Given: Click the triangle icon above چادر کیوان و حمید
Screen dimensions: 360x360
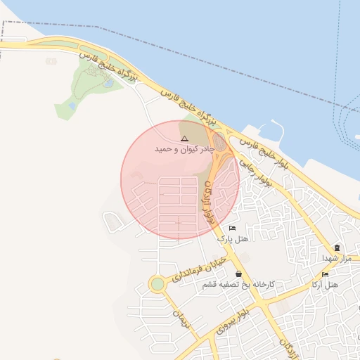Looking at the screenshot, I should (x=184, y=139).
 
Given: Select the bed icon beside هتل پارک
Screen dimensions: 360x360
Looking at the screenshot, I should (x=233, y=229).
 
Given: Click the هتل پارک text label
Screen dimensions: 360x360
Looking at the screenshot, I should (x=233, y=239).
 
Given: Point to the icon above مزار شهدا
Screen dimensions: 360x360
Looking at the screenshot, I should (x=337, y=247).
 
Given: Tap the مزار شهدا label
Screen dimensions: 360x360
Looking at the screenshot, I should (x=336, y=258).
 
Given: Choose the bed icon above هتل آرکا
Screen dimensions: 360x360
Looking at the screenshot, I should (x=325, y=274).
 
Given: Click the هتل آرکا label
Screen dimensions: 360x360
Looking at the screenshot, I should (x=324, y=285).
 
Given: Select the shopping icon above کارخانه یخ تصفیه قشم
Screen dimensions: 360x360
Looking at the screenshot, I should (x=239, y=274).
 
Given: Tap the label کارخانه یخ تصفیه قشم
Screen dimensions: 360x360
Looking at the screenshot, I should (x=238, y=285).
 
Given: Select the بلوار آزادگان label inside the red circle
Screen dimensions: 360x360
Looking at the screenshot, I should (x=209, y=202).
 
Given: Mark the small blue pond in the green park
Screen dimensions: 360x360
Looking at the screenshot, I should (x=108, y=83).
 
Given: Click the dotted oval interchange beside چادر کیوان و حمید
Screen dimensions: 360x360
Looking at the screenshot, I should (x=220, y=143).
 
